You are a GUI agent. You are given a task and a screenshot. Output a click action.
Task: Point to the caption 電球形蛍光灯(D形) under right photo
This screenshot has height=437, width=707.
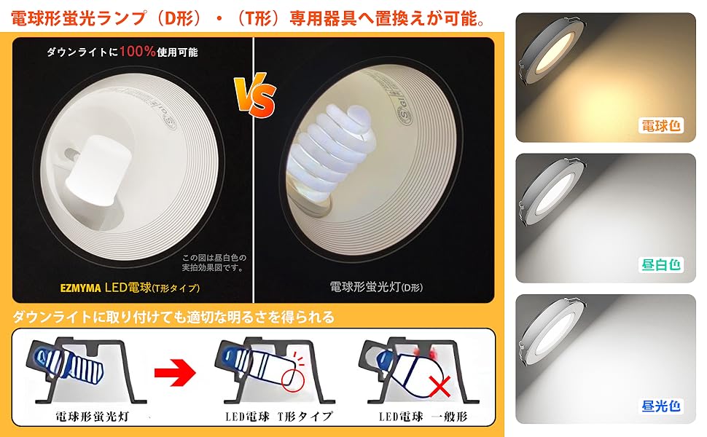click(x=375, y=287)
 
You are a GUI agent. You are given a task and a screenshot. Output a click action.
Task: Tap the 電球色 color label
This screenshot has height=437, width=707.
click(x=661, y=125)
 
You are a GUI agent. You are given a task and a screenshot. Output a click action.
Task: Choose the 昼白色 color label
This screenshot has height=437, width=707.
click(x=661, y=265)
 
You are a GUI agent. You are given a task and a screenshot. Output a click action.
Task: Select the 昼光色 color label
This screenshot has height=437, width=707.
click(x=661, y=406)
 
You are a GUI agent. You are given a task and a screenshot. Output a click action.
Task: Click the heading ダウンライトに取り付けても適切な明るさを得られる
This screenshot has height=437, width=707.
click(x=173, y=317)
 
